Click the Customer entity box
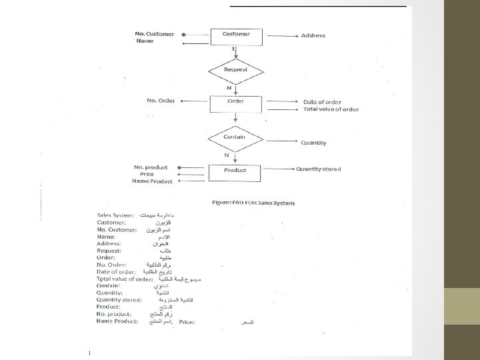(x=236, y=35)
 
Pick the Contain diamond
(x=235, y=137)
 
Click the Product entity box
(x=235, y=171)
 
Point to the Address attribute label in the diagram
(x=313, y=35)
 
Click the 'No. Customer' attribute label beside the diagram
(x=155, y=33)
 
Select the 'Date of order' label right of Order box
(x=322, y=101)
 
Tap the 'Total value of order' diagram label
(x=331, y=109)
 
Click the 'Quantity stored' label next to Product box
(x=319, y=169)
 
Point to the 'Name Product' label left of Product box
(x=152, y=181)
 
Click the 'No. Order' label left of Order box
(x=161, y=101)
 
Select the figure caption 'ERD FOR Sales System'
(x=253, y=202)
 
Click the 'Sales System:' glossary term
(x=115, y=215)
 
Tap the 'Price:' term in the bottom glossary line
(x=186, y=322)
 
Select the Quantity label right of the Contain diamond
(x=314, y=143)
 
